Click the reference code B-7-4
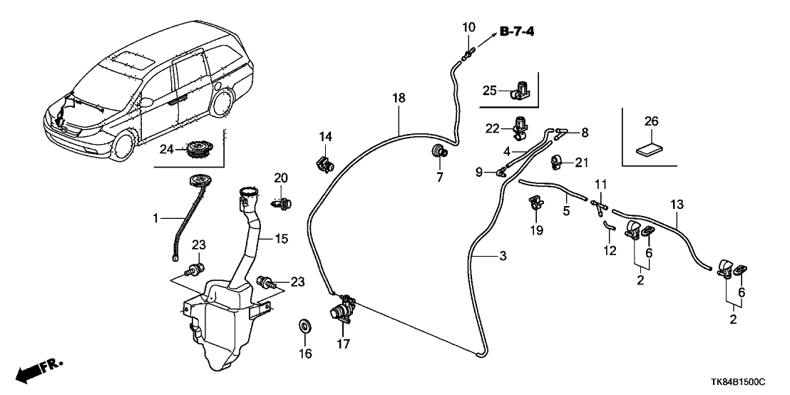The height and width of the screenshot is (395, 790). point(522,31)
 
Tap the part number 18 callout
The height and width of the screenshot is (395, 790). point(399,98)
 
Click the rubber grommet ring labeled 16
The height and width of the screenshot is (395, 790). point(305,327)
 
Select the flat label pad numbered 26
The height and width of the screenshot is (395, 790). point(647,150)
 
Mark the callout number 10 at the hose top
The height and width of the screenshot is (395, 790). point(468,28)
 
